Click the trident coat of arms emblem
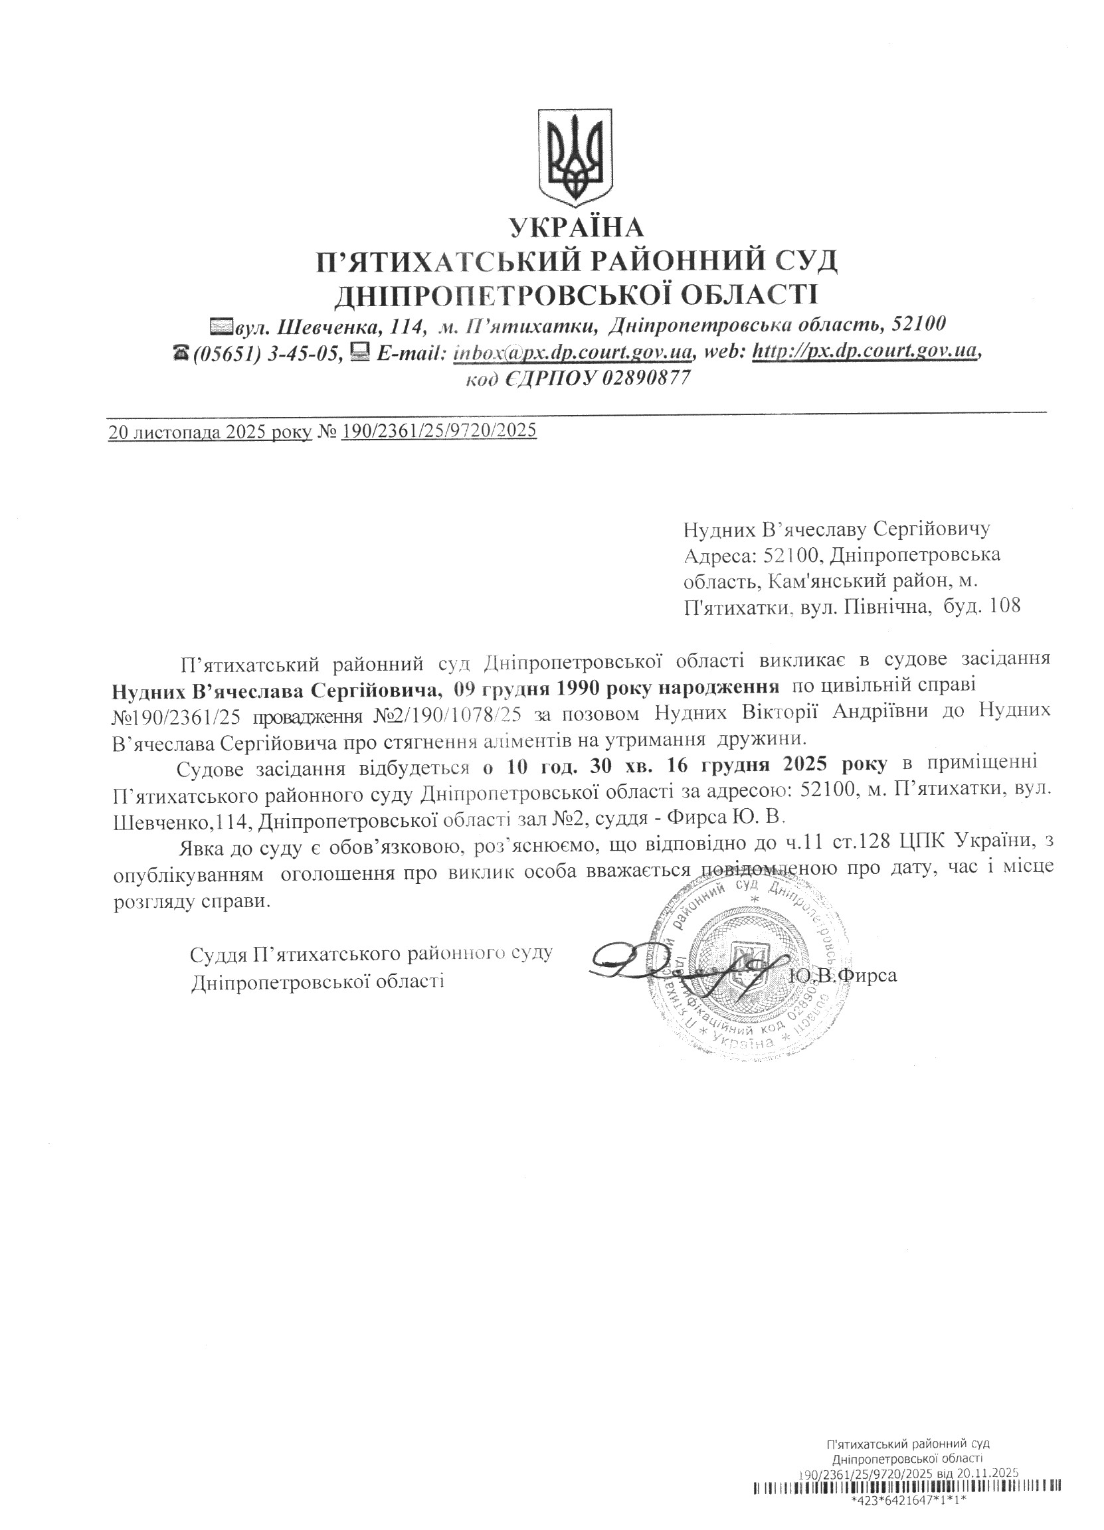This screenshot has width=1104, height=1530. pos(575,158)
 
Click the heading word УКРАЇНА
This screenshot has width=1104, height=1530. pos(577,228)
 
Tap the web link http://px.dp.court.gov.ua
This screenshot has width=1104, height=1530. pos(864,352)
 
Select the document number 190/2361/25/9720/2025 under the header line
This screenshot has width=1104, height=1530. pos(439,430)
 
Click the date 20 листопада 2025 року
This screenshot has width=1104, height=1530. pos(210,431)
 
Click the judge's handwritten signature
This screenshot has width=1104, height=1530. pos(682,969)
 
